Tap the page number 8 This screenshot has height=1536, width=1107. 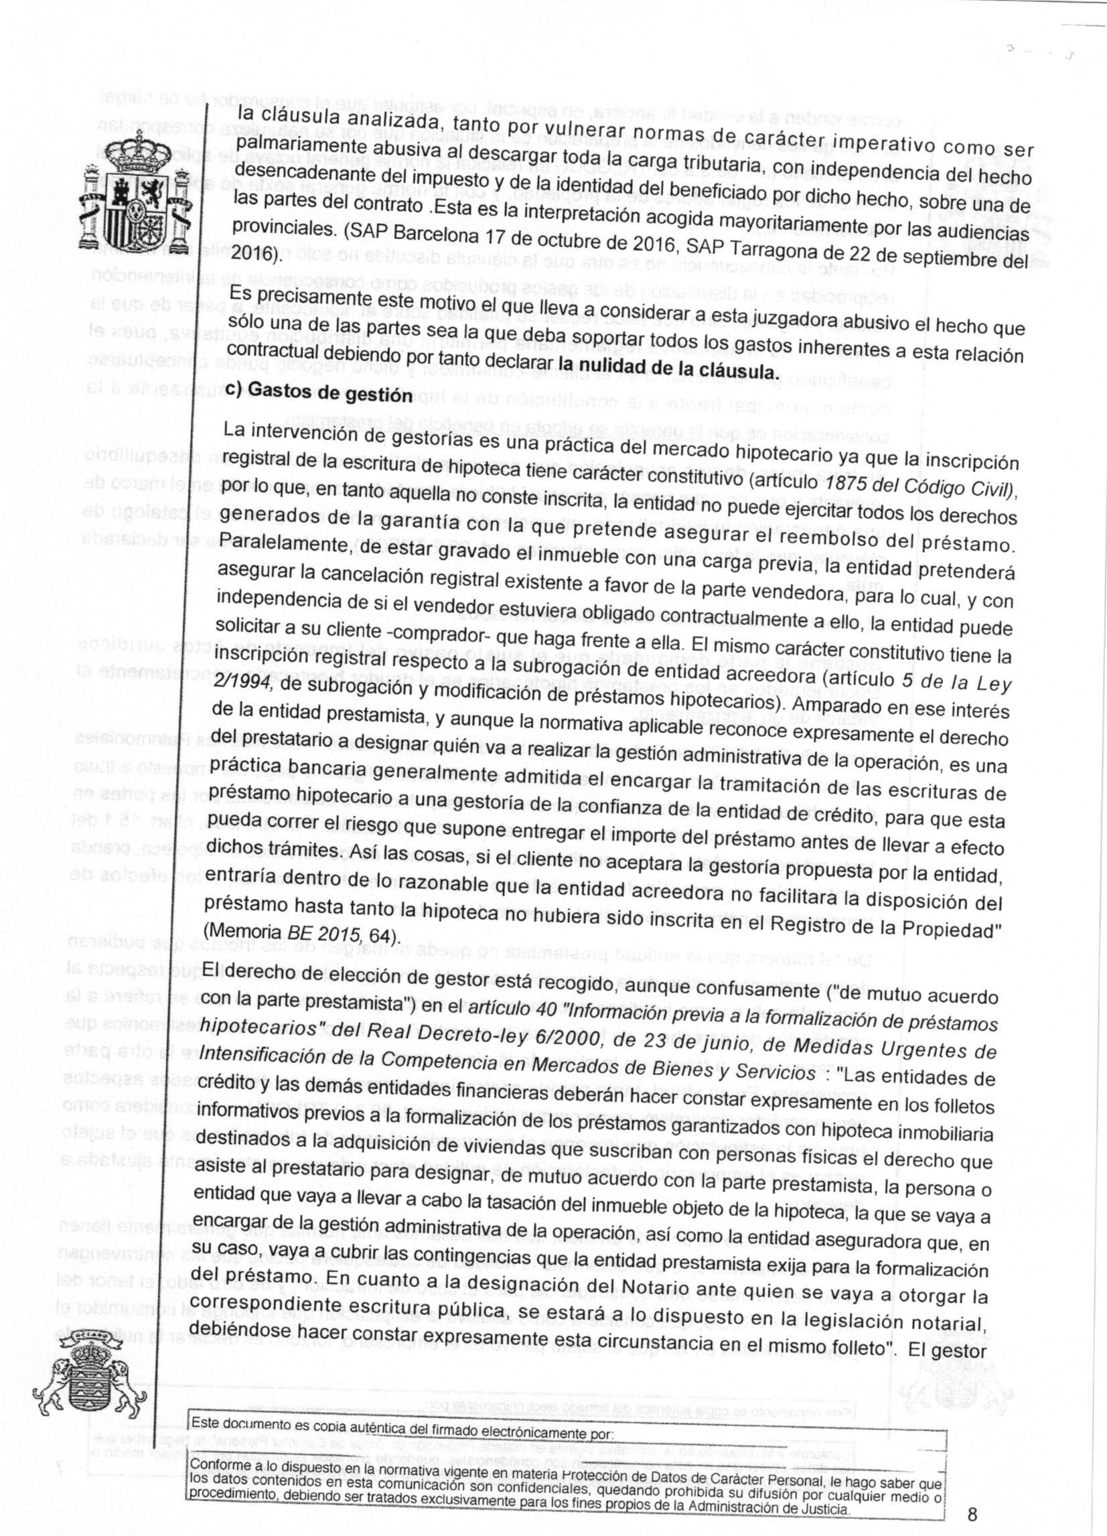[x=973, y=1490]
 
